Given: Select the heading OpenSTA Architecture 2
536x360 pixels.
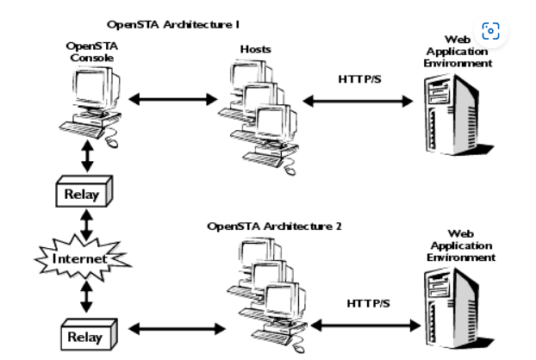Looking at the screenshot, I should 274,226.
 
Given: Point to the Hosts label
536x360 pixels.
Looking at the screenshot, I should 255,49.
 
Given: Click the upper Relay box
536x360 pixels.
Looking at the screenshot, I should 83,193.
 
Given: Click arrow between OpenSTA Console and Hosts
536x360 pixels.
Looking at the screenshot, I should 172,99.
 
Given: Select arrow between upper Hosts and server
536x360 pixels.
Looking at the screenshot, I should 358,101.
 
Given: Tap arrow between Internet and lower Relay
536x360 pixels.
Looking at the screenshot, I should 86,296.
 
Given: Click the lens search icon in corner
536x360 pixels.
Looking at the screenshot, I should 490,32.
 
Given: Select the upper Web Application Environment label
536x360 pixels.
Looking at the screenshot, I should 458,51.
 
